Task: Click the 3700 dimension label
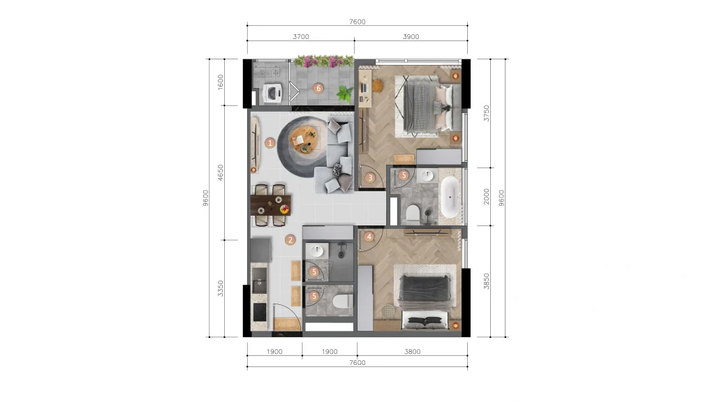point(301,36)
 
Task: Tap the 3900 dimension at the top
point(411,36)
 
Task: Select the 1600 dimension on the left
point(220,82)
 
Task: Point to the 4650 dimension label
point(220,173)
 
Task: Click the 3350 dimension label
point(220,288)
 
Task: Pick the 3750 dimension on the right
point(487,113)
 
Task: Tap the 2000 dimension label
point(487,196)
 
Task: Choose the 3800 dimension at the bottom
point(412,352)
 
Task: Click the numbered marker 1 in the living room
point(270,143)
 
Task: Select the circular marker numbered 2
point(290,240)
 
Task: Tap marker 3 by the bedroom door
point(370,178)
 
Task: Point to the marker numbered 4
point(369,237)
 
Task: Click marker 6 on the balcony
point(318,89)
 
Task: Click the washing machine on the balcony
point(273,94)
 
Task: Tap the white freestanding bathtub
point(450,197)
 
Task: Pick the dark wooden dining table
point(271,205)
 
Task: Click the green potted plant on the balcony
point(345,94)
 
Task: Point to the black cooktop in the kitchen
point(260,312)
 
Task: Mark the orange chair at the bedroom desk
point(377,86)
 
